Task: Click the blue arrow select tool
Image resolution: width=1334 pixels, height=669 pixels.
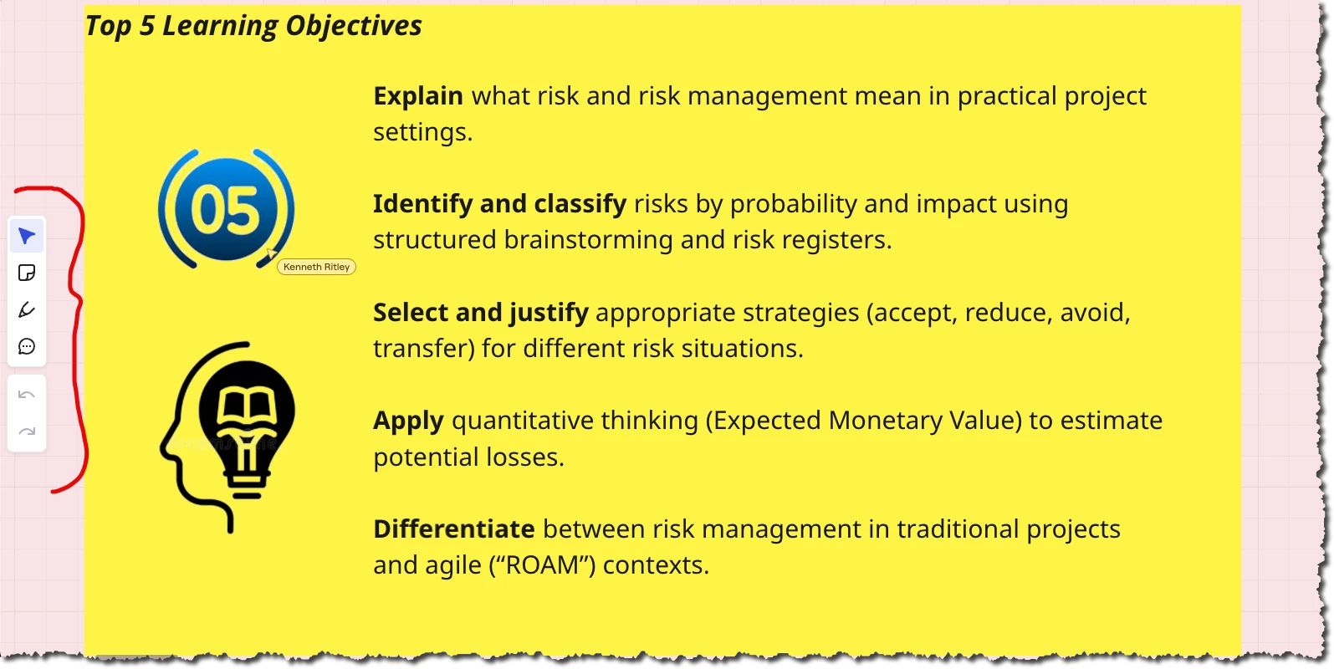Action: click(x=27, y=236)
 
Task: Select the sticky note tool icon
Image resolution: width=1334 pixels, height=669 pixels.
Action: click(x=27, y=273)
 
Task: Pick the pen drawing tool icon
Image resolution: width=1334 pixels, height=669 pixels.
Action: click(x=27, y=309)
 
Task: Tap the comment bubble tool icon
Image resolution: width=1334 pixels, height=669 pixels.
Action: click(x=27, y=346)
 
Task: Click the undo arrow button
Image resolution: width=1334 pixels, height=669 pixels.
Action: click(x=27, y=395)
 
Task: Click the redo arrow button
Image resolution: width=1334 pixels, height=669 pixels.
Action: click(x=27, y=431)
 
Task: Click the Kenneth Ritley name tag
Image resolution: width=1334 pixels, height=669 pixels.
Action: click(x=316, y=267)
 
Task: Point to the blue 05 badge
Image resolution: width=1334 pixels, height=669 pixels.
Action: click(x=227, y=208)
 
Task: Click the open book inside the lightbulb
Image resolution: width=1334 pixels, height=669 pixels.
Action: click(x=247, y=406)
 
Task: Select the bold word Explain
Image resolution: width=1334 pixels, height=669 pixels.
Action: click(x=418, y=96)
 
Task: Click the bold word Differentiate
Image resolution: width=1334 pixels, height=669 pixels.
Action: click(x=454, y=529)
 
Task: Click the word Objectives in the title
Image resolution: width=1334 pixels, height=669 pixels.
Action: click(x=354, y=26)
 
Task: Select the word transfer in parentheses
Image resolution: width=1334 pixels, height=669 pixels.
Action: click(x=420, y=349)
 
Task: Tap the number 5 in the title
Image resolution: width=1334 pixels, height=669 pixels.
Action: click(x=147, y=26)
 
